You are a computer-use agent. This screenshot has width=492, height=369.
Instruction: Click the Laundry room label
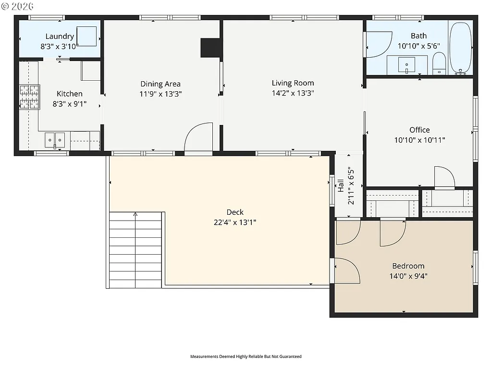[60, 37]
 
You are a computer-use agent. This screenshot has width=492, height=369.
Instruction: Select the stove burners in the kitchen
[29, 97]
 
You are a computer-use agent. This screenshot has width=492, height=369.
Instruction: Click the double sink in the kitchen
[55, 140]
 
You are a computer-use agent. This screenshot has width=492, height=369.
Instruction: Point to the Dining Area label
[160, 84]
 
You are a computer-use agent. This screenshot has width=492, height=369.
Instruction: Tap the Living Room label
[293, 83]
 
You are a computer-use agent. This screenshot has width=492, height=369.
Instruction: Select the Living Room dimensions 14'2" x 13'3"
[293, 94]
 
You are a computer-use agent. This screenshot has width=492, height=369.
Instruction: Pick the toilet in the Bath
[439, 64]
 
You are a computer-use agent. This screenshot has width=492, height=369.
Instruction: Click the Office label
[419, 130]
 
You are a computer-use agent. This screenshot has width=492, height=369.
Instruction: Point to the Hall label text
[341, 185]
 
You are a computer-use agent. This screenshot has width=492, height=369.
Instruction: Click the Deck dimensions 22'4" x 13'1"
[235, 222]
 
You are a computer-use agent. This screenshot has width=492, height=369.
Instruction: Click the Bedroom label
[408, 266]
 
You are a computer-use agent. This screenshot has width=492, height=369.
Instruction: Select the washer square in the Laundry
[87, 36]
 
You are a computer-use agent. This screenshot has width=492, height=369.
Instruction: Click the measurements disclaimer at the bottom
[246, 357]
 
